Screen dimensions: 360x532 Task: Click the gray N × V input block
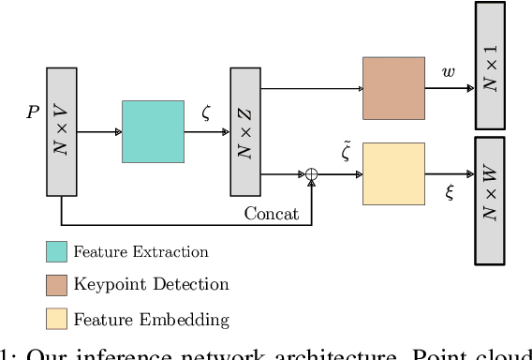[62, 132]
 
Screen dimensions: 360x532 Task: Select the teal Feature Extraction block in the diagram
[153, 132]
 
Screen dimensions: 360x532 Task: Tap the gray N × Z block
[244, 132]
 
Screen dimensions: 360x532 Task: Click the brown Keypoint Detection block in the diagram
[393, 87]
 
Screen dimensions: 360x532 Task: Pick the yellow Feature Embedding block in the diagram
[393, 173]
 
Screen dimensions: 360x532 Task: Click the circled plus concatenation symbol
[310, 173]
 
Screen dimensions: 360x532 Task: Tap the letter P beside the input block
[33, 112]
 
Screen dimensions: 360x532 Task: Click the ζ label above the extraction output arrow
[206, 112]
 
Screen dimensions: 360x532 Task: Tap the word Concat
[272, 214]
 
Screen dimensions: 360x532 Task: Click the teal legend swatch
[57, 251]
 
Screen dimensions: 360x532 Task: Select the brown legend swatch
[57, 285]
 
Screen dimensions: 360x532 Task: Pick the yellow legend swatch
[57, 319]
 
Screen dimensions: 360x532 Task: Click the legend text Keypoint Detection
[151, 285]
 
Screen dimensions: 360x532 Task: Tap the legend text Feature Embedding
[151, 319]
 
